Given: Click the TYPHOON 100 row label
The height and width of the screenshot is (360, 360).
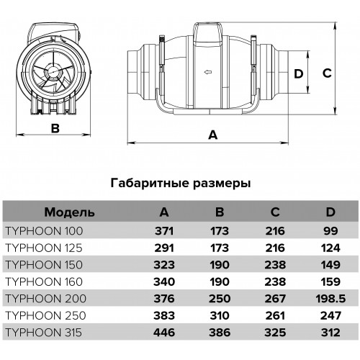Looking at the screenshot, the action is pos(44,231).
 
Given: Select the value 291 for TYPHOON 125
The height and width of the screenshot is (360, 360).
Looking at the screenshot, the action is pos(164,248).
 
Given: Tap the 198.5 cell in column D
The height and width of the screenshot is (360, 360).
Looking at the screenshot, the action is pos(330,299).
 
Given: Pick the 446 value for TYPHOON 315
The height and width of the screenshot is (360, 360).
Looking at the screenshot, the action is pos(164,333).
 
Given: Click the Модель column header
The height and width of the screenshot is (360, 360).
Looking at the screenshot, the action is pos(69,212).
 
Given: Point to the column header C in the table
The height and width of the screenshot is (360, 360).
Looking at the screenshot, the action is pos(275,212).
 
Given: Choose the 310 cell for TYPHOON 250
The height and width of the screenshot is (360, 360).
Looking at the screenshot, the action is pos(220,315).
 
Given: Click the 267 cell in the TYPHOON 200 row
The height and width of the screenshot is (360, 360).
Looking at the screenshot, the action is pos(275,299).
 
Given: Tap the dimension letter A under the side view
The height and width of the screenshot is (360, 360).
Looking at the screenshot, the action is pos(213,135).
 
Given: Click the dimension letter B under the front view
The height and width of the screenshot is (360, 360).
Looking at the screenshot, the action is pos(55,128).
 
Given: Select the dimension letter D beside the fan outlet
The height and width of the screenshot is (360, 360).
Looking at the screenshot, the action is pos(299,73).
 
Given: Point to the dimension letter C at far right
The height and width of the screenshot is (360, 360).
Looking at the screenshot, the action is pos(327,73).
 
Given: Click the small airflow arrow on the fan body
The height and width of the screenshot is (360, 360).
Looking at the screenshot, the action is pos(208,72).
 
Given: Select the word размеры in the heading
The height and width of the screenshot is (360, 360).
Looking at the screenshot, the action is pos(222,184).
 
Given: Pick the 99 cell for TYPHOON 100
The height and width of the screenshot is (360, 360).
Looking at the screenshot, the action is pos(330,231).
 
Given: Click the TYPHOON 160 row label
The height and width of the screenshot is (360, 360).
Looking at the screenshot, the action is pos(44,282).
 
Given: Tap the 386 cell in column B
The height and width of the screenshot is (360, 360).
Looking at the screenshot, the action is pos(220,333).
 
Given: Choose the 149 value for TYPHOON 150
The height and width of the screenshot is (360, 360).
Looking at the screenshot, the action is pos(330,265).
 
